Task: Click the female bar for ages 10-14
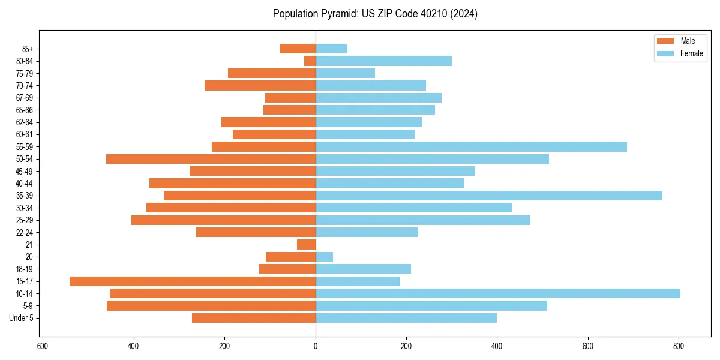(x=498, y=293)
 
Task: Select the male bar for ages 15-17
(x=193, y=281)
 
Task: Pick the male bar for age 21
(x=307, y=245)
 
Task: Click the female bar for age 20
(x=325, y=257)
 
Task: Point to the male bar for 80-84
(x=310, y=61)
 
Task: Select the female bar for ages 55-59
(x=471, y=147)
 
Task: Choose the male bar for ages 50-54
(x=211, y=159)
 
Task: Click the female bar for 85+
(x=331, y=49)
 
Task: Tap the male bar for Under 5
(x=254, y=318)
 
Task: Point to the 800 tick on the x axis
(x=679, y=346)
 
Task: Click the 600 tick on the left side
(x=43, y=346)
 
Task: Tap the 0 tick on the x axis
(x=316, y=346)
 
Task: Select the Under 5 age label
(x=22, y=318)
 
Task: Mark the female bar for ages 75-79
(x=346, y=73)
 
